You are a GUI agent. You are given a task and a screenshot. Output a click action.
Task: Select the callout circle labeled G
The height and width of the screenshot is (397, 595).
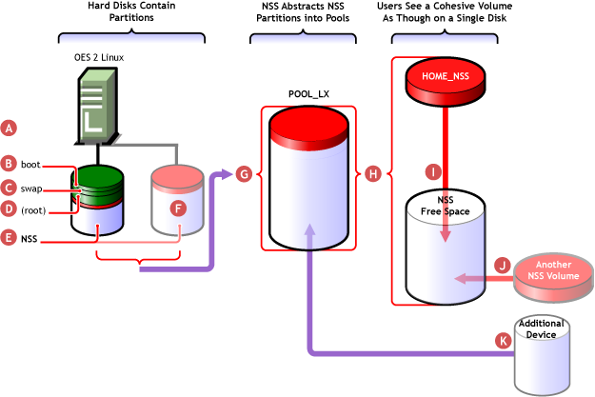click(243, 174)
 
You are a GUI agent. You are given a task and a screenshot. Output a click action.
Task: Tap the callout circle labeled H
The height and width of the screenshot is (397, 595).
click(373, 174)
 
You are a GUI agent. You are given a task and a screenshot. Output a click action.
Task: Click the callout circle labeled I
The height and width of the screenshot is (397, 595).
click(434, 172)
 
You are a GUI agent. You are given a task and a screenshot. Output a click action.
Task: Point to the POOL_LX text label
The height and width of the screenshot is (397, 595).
click(307, 95)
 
